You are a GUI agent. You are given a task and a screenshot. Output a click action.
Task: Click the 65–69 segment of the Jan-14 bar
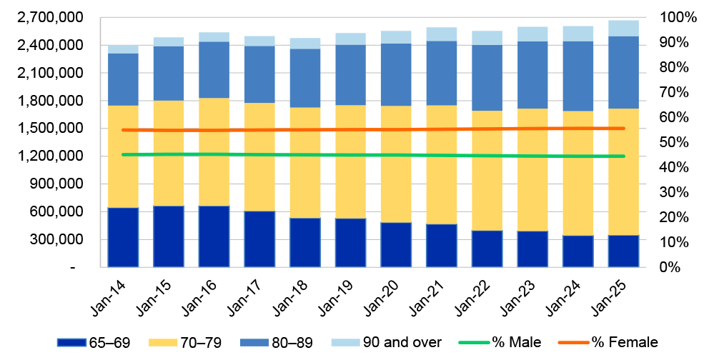[123, 237]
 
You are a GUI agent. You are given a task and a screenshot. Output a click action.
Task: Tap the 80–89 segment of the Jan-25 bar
[623, 71]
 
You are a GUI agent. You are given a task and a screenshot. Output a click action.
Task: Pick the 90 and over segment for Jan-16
[214, 36]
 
